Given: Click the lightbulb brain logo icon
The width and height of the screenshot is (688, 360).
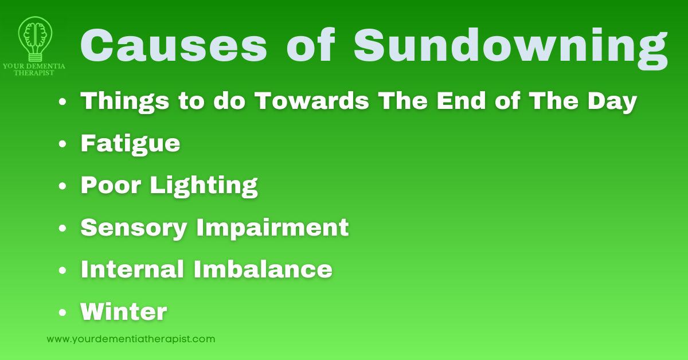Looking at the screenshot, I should (35, 37).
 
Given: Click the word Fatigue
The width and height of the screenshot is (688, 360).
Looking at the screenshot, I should (130, 143).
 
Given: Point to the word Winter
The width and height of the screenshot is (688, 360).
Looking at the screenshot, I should (123, 312).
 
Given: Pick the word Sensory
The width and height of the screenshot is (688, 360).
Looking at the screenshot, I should (134, 228).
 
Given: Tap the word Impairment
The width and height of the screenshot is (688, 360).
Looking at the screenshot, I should (272, 228).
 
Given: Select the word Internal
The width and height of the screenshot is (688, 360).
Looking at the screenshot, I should (132, 269).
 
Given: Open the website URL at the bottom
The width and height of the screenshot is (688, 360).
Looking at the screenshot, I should (131, 339).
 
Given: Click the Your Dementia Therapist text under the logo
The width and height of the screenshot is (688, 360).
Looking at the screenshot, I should (35, 69).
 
